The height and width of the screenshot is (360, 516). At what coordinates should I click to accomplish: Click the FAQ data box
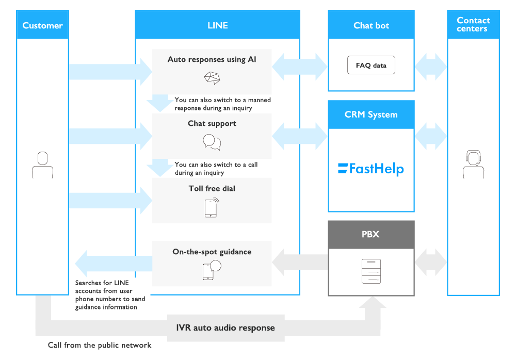[371, 65]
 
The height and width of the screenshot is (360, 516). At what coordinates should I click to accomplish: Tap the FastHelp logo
[371, 169]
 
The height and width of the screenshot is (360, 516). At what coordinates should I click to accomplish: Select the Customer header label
[42, 25]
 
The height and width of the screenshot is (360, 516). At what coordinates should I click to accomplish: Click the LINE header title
[218, 25]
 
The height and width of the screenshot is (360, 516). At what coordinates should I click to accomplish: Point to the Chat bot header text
[371, 25]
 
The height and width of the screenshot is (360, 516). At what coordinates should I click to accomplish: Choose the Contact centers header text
[473, 24]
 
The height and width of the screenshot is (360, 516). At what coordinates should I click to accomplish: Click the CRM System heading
[371, 114]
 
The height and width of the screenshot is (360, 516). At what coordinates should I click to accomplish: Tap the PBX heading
[370, 234]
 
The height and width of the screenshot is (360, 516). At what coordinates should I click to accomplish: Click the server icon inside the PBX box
[371, 271]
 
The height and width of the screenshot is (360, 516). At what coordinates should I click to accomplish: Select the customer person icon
[42, 165]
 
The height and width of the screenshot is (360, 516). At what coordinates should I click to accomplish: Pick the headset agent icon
[473, 164]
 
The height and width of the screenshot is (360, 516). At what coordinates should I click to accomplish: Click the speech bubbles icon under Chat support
[212, 142]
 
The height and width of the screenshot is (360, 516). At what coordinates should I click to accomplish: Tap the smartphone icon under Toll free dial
[212, 208]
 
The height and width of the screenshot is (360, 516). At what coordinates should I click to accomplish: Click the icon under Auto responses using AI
[212, 78]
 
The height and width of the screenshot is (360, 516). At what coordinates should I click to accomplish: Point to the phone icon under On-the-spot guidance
[212, 270]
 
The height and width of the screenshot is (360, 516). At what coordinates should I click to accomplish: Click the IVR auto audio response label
[225, 328]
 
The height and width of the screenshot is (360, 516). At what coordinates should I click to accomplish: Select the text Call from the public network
[100, 345]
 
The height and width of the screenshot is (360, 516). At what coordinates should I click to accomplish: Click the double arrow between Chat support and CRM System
[299, 136]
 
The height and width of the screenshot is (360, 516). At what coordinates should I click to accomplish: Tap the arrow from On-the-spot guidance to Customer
[114, 263]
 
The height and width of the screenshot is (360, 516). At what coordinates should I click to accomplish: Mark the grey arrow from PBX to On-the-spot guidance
[300, 263]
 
